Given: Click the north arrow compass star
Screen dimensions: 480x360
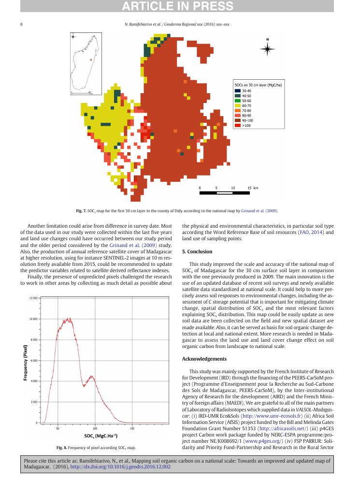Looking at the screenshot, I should click(x=268, y=49).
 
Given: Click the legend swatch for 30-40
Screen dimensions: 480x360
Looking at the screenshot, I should click(x=238, y=90).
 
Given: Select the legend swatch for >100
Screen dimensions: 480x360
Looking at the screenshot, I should click(x=238, y=125).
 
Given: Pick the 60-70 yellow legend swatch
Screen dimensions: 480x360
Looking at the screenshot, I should click(x=238, y=105).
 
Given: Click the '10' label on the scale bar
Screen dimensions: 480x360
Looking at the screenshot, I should click(x=233, y=188).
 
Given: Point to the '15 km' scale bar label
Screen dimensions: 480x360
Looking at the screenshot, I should click(x=253, y=188).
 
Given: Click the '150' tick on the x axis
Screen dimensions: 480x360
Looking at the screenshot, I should click(x=132, y=428).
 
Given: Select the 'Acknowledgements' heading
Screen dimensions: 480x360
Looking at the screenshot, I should click(x=204, y=359).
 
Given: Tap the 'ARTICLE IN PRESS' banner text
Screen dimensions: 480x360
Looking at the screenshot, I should click(x=180, y=6).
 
